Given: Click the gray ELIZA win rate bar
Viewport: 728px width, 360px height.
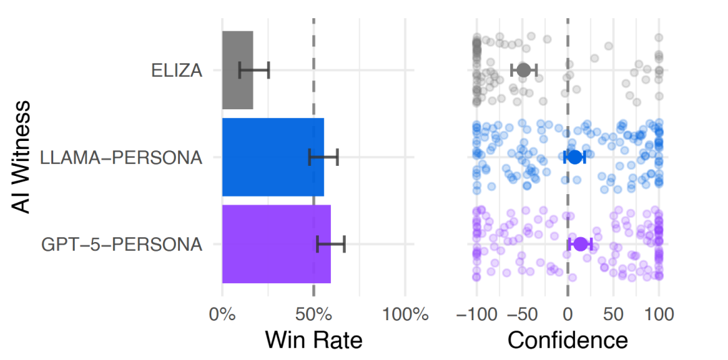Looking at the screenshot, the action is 238,70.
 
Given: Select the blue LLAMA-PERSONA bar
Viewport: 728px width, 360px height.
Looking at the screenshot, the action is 273,157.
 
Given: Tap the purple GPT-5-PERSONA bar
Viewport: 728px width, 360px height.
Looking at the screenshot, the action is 276,244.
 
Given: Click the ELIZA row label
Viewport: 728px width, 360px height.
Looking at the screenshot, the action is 177,71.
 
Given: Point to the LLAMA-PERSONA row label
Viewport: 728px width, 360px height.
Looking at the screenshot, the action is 121,158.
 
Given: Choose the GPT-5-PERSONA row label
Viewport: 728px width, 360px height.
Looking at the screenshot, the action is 121,244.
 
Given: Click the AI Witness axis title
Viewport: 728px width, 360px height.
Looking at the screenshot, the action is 21,156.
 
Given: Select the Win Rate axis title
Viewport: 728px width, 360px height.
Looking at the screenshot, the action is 313,340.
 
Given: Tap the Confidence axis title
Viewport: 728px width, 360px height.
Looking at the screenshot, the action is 568,340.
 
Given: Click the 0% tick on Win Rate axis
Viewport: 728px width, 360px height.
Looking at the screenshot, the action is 222,314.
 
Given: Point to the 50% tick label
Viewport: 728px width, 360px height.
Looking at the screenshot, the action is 313,314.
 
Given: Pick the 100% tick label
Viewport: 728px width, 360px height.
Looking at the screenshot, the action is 405,314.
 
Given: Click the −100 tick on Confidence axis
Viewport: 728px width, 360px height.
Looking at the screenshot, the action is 475,314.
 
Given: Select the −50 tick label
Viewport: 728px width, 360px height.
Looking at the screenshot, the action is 521,314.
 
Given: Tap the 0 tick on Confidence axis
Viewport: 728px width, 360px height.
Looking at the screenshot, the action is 568,314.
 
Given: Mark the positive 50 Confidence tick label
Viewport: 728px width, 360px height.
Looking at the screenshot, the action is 613,314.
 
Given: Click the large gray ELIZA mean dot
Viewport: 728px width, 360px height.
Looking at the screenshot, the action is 523,70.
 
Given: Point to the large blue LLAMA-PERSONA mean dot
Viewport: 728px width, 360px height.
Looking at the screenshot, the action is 575,157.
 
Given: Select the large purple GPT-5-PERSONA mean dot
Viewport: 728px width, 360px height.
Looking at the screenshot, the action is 580,244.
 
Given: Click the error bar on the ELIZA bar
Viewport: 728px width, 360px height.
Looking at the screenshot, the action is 254,70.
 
